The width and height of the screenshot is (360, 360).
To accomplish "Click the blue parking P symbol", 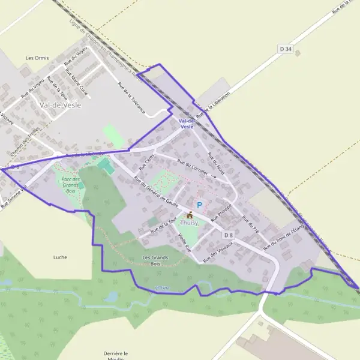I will pos(200,205).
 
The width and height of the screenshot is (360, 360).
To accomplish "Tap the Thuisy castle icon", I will pos(190,215).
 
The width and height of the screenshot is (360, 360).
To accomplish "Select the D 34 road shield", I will pos(286,49).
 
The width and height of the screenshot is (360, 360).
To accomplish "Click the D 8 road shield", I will pos(227,235).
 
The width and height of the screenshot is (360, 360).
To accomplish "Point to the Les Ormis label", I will pos(37,58).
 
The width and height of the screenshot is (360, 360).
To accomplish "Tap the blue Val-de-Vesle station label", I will pos(187,124).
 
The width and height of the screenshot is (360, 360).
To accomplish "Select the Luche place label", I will pos(60,257).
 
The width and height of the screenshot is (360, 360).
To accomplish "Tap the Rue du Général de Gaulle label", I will pos(157,192).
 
